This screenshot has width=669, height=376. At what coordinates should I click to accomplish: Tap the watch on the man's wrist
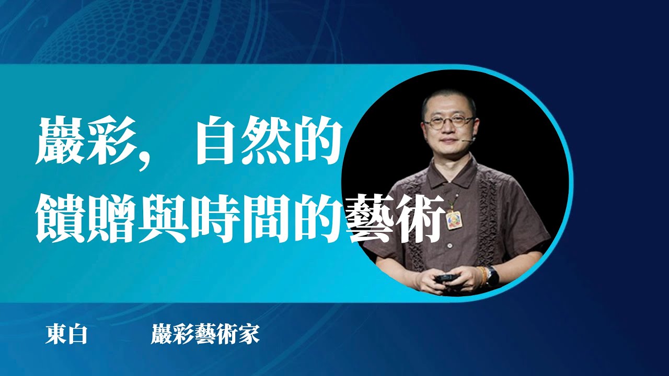point(492,275)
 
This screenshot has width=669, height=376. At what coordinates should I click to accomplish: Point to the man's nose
point(448,131)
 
